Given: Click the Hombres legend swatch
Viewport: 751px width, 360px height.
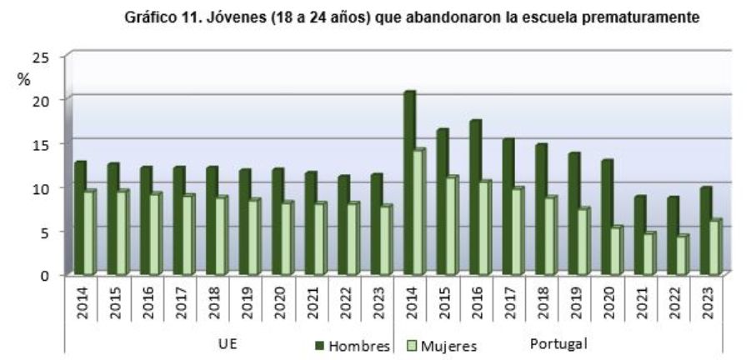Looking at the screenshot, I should (x=318, y=344).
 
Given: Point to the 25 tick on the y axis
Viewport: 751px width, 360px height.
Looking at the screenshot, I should (x=41, y=57).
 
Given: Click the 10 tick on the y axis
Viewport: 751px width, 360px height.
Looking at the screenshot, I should (x=41, y=187).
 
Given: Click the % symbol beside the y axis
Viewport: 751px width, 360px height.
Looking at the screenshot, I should (x=23, y=79).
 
